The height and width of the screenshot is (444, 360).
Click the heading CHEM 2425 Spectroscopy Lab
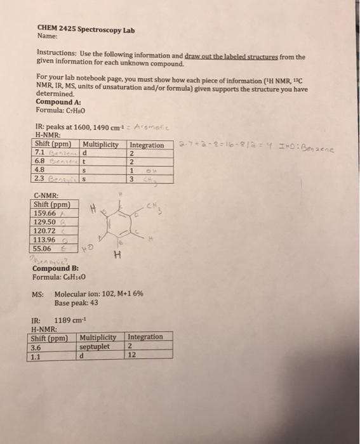86,29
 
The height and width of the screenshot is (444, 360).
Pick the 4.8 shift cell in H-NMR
39,169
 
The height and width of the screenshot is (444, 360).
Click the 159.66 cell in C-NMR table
44,214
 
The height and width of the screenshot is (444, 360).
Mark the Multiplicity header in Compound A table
103,144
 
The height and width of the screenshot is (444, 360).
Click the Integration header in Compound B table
145,337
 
